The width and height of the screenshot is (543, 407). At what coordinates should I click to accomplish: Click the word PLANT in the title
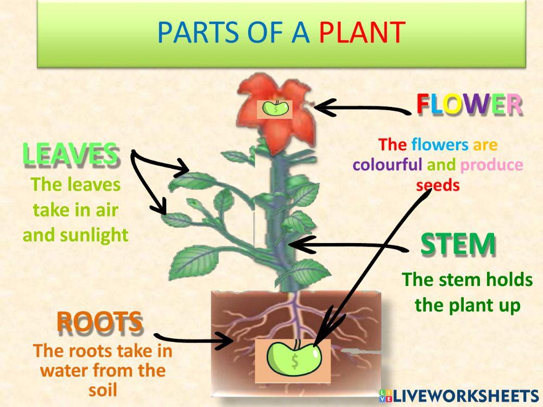pyautogui.click(x=362, y=33)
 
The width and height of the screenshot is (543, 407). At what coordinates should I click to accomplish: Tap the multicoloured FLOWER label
pyautogui.click(x=469, y=104)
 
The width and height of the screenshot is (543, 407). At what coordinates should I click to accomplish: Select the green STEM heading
pyautogui.click(x=458, y=245)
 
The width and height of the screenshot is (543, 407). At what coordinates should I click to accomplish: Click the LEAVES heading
pyautogui.click(x=70, y=154)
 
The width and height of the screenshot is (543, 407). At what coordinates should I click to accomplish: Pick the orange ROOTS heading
pyautogui.click(x=99, y=322)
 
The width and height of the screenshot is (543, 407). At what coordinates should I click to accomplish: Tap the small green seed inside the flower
pyautogui.click(x=275, y=109)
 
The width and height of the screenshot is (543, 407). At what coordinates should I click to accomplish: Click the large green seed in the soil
pyautogui.click(x=294, y=359)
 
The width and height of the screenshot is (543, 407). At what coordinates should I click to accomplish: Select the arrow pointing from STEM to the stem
pyautogui.click(x=348, y=246)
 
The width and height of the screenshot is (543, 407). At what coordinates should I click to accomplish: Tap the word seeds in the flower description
pyautogui.click(x=438, y=185)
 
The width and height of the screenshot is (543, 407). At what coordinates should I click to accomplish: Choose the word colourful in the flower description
pyautogui.click(x=387, y=164)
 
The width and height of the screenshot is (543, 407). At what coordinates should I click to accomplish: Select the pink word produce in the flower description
pyautogui.click(x=491, y=164)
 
